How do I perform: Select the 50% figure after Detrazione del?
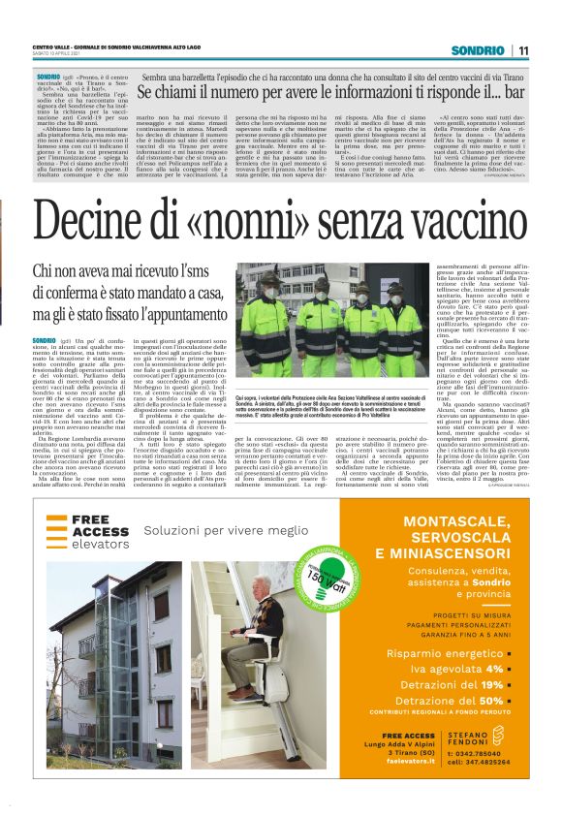coord(489,700)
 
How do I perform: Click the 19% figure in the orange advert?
coord(489,684)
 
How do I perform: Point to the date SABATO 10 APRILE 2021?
coord(68,56)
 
